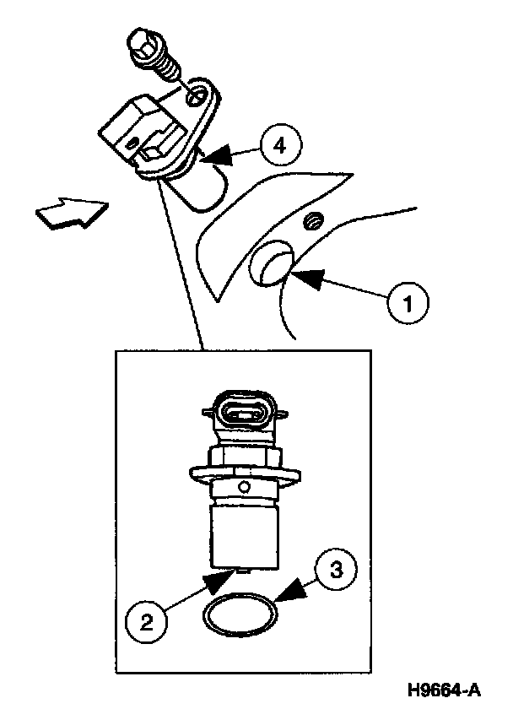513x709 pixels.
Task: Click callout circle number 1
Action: point(407,302)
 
